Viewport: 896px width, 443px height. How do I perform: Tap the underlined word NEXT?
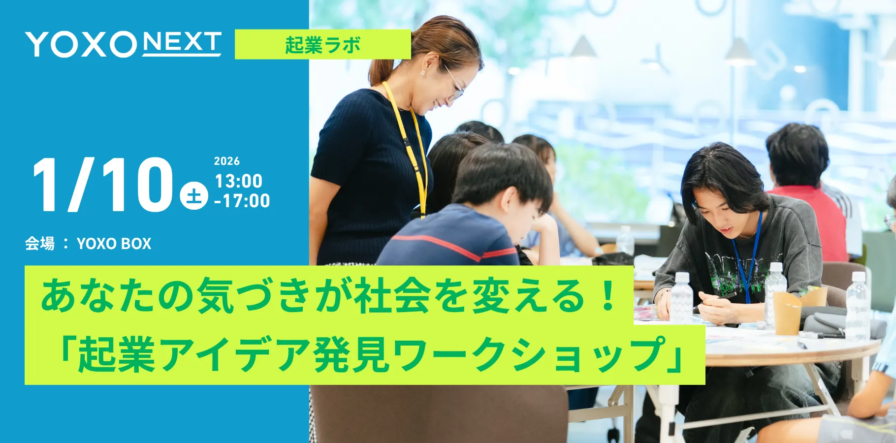(182, 43)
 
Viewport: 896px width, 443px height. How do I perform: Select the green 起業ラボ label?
(323, 45)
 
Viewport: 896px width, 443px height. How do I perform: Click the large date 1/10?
(102, 186)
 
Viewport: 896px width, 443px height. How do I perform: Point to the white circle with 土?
(194, 195)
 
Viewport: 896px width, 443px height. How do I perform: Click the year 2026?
(227, 161)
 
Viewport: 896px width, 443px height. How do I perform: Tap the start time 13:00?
(239, 181)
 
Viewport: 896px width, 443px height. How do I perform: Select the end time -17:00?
(242, 201)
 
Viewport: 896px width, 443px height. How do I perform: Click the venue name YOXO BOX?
(114, 244)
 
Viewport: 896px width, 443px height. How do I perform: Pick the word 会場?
(40, 244)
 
